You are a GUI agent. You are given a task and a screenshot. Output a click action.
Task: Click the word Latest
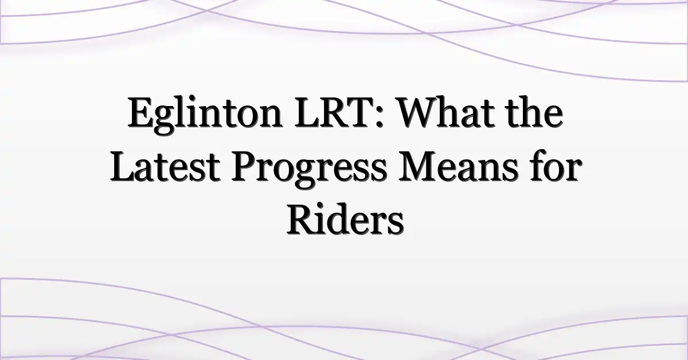point(165,166)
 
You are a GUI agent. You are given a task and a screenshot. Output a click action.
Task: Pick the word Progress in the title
point(308,169)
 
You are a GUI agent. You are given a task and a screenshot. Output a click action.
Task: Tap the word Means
point(457,166)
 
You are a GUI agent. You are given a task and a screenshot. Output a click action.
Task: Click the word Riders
point(345,220)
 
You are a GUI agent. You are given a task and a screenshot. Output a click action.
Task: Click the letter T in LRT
point(363,112)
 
